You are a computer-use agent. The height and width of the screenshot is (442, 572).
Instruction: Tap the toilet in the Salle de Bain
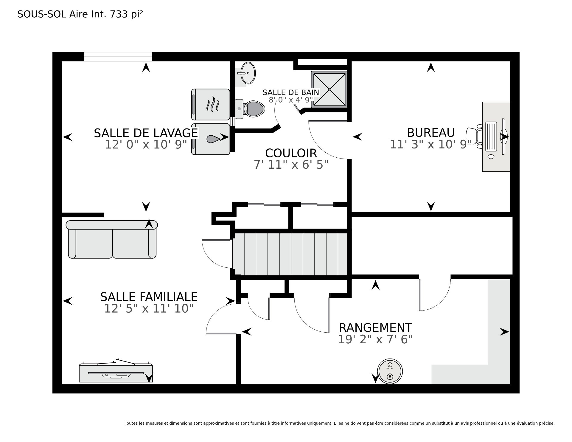(x=250, y=109)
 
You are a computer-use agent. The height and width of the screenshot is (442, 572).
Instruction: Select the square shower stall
(x=329, y=89)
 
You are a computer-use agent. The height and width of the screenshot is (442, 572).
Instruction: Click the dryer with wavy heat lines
(x=211, y=105)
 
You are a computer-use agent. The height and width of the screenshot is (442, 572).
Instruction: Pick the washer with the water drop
(x=211, y=139)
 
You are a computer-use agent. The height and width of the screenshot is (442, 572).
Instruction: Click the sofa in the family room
(x=112, y=239)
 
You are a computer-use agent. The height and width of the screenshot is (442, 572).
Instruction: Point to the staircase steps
(x=290, y=254)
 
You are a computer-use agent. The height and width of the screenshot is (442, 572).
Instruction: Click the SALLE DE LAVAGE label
(x=146, y=133)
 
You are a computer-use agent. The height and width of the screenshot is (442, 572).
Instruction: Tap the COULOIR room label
(x=291, y=153)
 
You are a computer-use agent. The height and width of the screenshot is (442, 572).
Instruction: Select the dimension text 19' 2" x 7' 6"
(x=375, y=339)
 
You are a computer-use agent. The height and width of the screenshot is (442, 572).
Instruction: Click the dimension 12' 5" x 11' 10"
(x=149, y=308)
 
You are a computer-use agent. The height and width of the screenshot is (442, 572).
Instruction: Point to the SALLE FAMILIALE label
(x=149, y=297)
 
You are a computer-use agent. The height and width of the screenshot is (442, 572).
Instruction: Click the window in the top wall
(x=118, y=57)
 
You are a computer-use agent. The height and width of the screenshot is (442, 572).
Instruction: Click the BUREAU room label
(x=431, y=133)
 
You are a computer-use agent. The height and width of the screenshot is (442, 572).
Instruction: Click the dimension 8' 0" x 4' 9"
(x=291, y=100)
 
